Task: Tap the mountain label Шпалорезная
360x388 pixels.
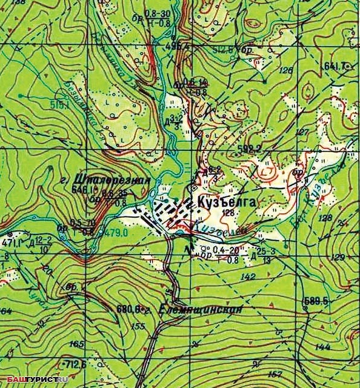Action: [112, 179]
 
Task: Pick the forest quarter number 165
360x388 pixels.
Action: [77, 344]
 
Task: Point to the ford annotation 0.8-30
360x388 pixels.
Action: [157, 13]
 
